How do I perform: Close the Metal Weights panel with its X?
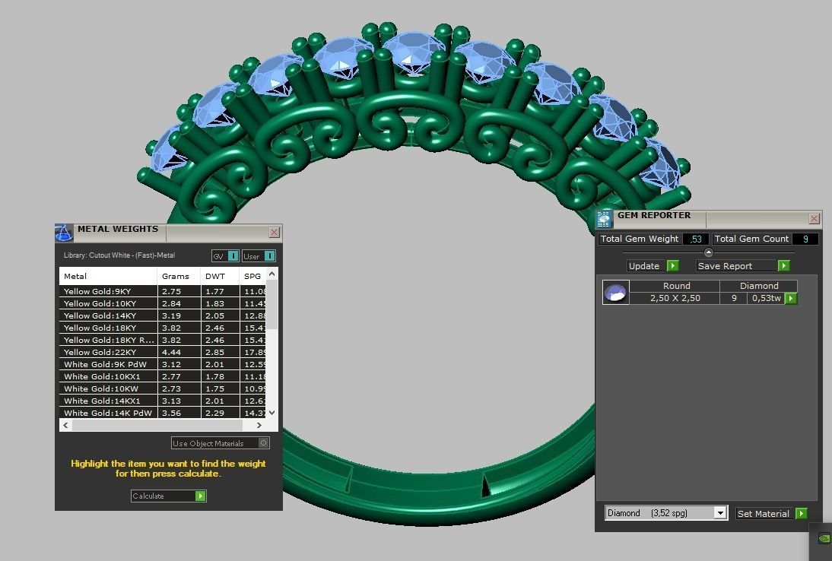point(274,233)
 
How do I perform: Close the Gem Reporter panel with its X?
point(814,219)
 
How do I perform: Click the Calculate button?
point(168,496)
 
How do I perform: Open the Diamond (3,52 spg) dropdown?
point(719,513)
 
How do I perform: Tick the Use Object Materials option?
point(264,443)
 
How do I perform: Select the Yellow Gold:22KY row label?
point(100,352)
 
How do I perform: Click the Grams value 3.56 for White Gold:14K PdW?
point(176,413)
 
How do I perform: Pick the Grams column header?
point(176,276)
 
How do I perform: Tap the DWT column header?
point(215,276)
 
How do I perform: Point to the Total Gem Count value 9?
point(805,239)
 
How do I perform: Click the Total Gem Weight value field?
point(695,239)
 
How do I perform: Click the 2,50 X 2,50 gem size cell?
point(675,298)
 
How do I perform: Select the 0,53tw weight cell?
point(766,298)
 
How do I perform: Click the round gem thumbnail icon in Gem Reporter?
point(615,292)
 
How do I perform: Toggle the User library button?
point(259,256)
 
